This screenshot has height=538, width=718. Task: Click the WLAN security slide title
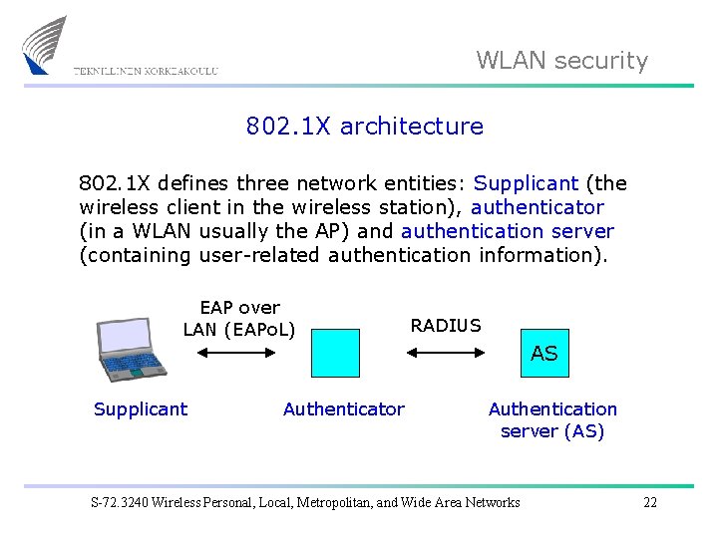[x=561, y=61]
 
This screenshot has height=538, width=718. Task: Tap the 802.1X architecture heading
[x=364, y=127]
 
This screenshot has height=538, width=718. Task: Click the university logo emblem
[x=46, y=45]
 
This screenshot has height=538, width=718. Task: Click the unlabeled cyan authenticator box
[x=335, y=353]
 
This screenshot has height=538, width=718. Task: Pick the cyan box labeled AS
[x=544, y=353]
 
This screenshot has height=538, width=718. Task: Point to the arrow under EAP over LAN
[x=238, y=352]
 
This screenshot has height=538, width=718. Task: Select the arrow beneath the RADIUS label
[x=445, y=352]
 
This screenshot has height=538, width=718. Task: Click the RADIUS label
[x=446, y=326]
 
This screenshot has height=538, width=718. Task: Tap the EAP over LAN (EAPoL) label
[x=239, y=318]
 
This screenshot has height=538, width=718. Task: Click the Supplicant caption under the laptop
[x=141, y=408]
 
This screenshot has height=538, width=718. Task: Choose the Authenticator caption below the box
[x=344, y=408]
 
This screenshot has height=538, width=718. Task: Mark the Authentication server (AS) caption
[x=552, y=419]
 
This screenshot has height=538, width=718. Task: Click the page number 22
[x=650, y=502]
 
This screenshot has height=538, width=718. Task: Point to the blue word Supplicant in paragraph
[x=526, y=183]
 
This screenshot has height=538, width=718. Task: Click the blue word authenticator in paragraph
[x=538, y=207]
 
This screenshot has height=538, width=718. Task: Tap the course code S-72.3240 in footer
[x=123, y=502]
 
